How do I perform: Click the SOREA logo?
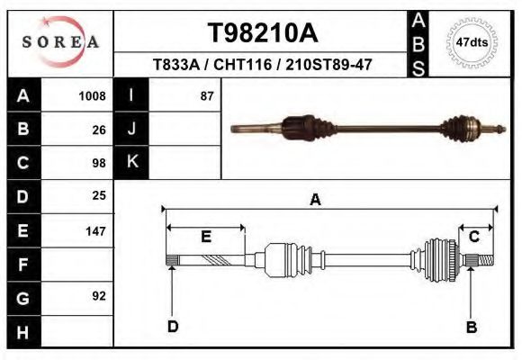coord(59,41)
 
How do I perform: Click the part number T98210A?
coord(263,33)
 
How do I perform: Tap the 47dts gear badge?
coord(472,42)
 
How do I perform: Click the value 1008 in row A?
coord(93,95)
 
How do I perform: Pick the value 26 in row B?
coord(99,130)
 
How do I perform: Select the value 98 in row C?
coord(99,163)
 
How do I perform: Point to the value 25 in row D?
coord(99,195)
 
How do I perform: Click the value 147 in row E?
coord(95,230)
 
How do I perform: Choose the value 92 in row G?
coord(99,296)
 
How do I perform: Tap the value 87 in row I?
coord(207,95)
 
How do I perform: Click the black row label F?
coord(22,264)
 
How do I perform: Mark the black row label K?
coord(132,162)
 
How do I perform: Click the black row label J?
coord(132,129)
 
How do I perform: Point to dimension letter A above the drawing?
coord(315,200)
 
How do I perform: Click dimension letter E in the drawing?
coord(205,237)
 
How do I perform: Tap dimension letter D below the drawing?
coord(173,327)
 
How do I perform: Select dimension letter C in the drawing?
coord(473,237)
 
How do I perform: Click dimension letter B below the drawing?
coord(471,327)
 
